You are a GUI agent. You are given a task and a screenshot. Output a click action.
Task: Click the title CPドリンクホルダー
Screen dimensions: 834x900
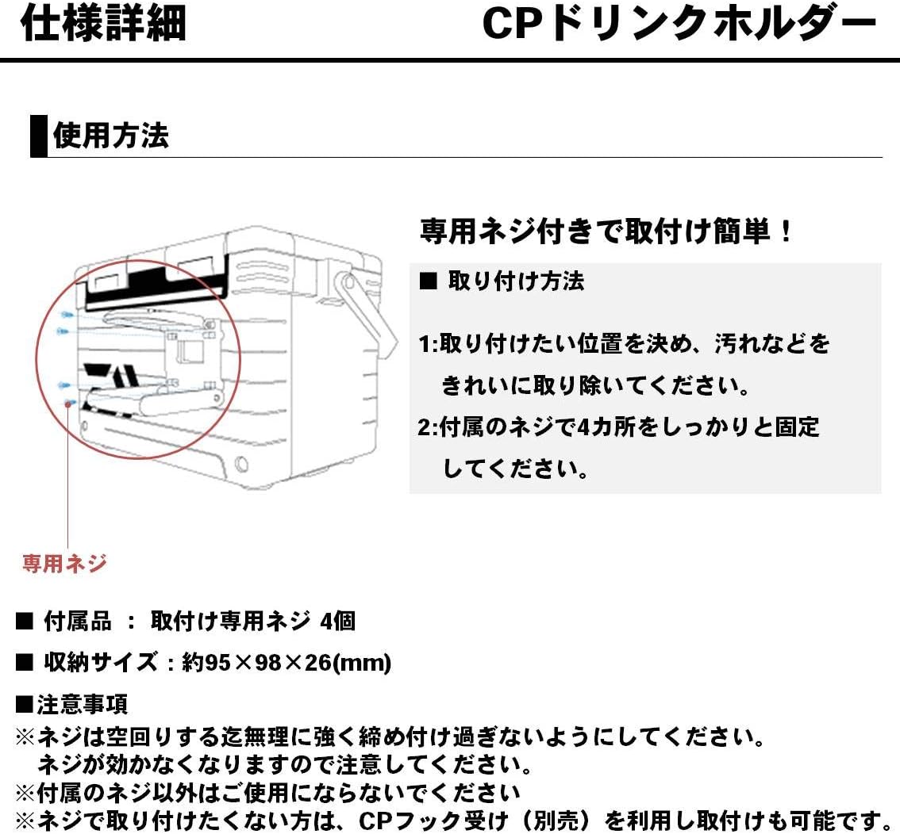coord(679,25)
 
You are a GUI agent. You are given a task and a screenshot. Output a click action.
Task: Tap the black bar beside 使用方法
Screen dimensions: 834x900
coord(38,136)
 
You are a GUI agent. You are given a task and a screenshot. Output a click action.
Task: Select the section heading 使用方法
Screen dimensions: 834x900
coord(110,136)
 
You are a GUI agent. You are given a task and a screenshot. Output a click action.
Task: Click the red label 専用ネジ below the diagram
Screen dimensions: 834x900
coord(64,564)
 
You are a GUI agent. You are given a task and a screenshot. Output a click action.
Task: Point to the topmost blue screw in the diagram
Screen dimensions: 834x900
coord(67,315)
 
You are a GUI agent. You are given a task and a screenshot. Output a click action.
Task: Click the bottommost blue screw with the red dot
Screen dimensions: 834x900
coord(69,404)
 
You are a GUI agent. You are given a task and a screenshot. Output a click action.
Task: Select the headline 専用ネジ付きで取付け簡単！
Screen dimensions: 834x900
coord(607,232)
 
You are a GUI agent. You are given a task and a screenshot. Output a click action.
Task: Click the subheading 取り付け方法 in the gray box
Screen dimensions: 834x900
coord(516,281)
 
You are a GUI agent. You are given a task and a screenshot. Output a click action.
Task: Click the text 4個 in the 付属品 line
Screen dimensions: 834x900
coord(337,622)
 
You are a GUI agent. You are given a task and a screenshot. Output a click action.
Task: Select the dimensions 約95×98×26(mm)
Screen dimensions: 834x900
coord(287,663)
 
